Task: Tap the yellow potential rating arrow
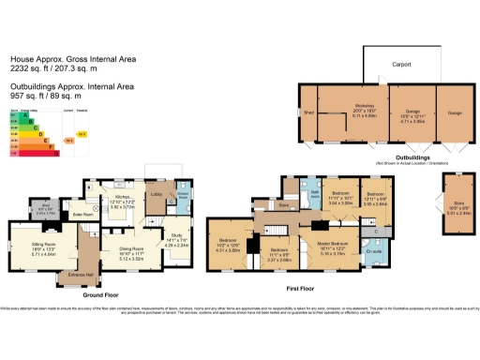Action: coord(82,134)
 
